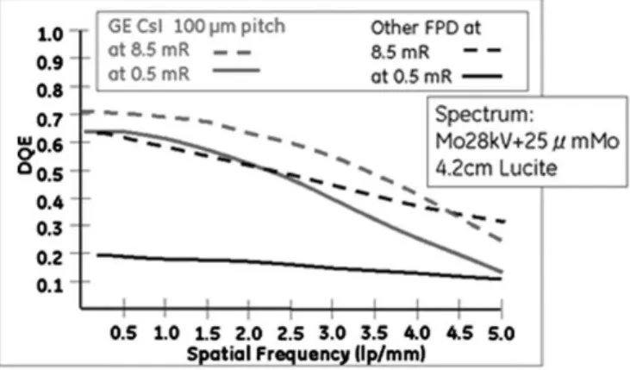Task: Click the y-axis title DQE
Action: [x=25, y=155]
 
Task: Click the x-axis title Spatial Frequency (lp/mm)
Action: [x=306, y=354]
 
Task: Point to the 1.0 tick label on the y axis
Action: [x=50, y=34]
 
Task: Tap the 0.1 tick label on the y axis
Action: [x=50, y=285]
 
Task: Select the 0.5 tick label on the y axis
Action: [x=50, y=174]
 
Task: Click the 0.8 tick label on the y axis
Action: [x=50, y=90]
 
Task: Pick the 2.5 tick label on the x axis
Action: [x=290, y=334]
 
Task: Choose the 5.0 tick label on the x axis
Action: [x=501, y=334]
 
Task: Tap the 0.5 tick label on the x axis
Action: [x=123, y=334]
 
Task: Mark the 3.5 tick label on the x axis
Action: [x=374, y=334]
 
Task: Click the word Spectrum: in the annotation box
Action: [x=484, y=114]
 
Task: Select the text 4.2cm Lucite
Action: [x=496, y=167]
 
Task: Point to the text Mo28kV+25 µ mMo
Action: [x=527, y=141]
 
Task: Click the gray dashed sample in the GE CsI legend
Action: [x=232, y=53]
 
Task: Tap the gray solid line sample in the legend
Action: [x=236, y=71]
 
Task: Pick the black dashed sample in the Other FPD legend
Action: [x=482, y=51]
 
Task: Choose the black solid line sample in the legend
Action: [x=482, y=76]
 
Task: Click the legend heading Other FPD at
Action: [x=426, y=28]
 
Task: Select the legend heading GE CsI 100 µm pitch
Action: [x=196, y=27]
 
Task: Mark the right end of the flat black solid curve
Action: [x=501, y=279]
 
